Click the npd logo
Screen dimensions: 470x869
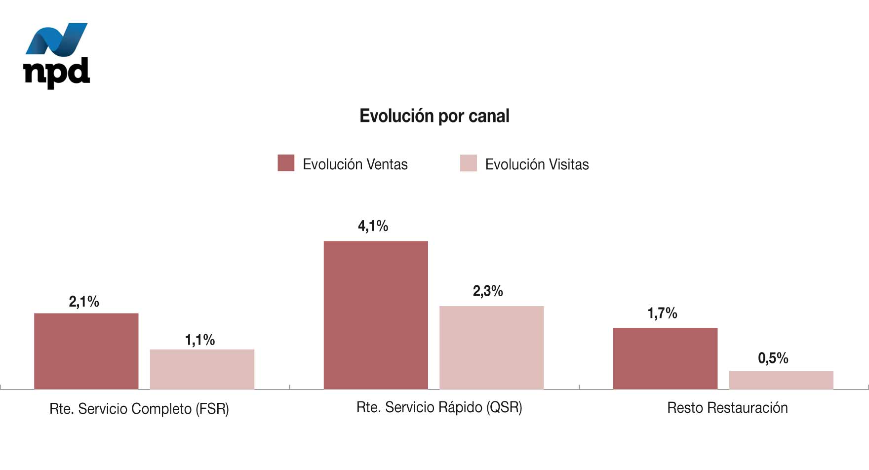(56, 55)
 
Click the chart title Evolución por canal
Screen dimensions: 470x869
(434, 116)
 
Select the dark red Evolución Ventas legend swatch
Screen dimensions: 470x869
(286, 163)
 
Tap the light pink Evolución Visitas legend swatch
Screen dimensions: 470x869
(468, 163)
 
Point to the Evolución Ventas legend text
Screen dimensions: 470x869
(355, 164)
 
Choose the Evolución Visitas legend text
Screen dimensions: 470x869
(537, 164)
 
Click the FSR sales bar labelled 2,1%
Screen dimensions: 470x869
(86, 351)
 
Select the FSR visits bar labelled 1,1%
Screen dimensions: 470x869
(202, 369)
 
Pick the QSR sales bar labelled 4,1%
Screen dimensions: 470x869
(376, 315)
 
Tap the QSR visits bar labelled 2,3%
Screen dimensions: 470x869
(491, 348)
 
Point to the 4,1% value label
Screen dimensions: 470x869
(373, 226)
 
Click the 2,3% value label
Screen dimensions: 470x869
(488, 291)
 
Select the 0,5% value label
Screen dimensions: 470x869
(773, 358)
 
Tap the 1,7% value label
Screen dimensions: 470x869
(662, 313)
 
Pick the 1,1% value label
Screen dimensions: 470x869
(200, 340)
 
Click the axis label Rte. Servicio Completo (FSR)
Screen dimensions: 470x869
(139, 409)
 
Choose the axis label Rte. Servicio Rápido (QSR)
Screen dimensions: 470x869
(439, 407)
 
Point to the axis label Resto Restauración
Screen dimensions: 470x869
(727, 408)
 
